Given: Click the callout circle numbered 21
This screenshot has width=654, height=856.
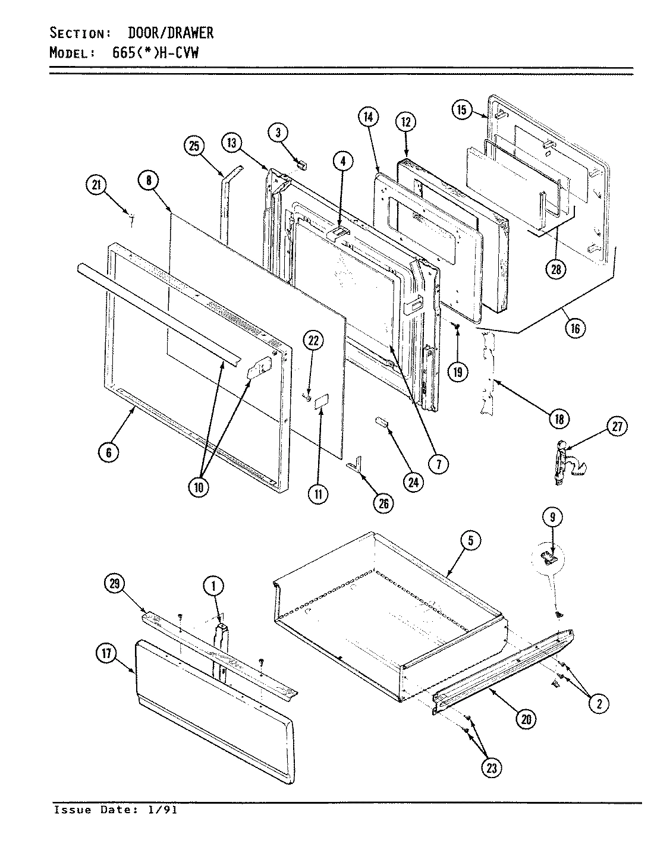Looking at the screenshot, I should tap(96, 186).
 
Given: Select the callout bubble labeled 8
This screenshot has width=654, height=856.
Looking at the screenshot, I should tap(149, 181).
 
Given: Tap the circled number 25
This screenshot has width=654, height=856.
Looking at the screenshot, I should tap(194, 147).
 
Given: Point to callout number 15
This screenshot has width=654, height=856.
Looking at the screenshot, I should tap(462, 110).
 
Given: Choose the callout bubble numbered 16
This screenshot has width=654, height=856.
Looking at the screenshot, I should tap(575, 328).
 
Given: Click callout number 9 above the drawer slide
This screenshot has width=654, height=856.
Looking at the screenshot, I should tap(552, 517).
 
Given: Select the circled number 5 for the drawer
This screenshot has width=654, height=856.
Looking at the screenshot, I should tap(470, 540).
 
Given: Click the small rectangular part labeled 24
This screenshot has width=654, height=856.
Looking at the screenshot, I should tap(381, 422).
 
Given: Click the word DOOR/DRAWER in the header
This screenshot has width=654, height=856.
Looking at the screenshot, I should tap(171, 33).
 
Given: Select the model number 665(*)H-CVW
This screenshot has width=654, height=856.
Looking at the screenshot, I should tap(155, 52).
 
